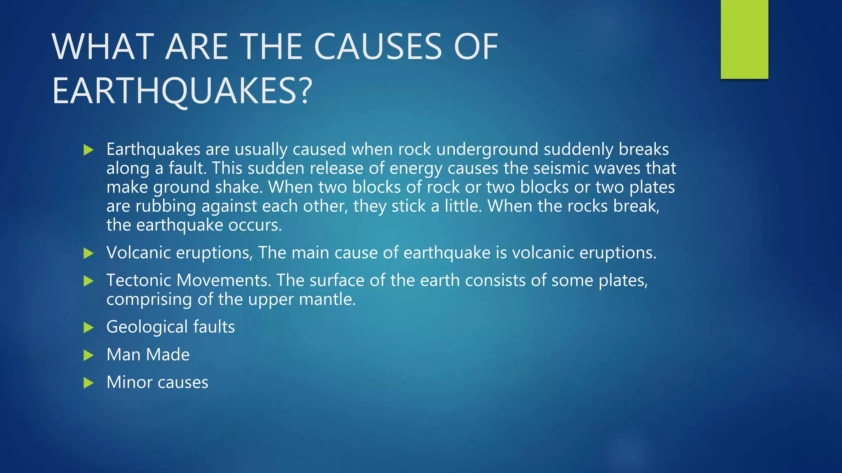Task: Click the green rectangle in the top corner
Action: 744,39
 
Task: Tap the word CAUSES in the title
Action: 378,47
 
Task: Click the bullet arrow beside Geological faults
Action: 88,328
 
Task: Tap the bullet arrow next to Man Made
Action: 88,355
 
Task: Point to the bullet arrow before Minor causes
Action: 88,383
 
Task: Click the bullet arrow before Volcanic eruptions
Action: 88,253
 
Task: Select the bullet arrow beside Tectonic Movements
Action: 88,281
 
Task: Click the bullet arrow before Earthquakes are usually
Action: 88,150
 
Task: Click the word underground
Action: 487,149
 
